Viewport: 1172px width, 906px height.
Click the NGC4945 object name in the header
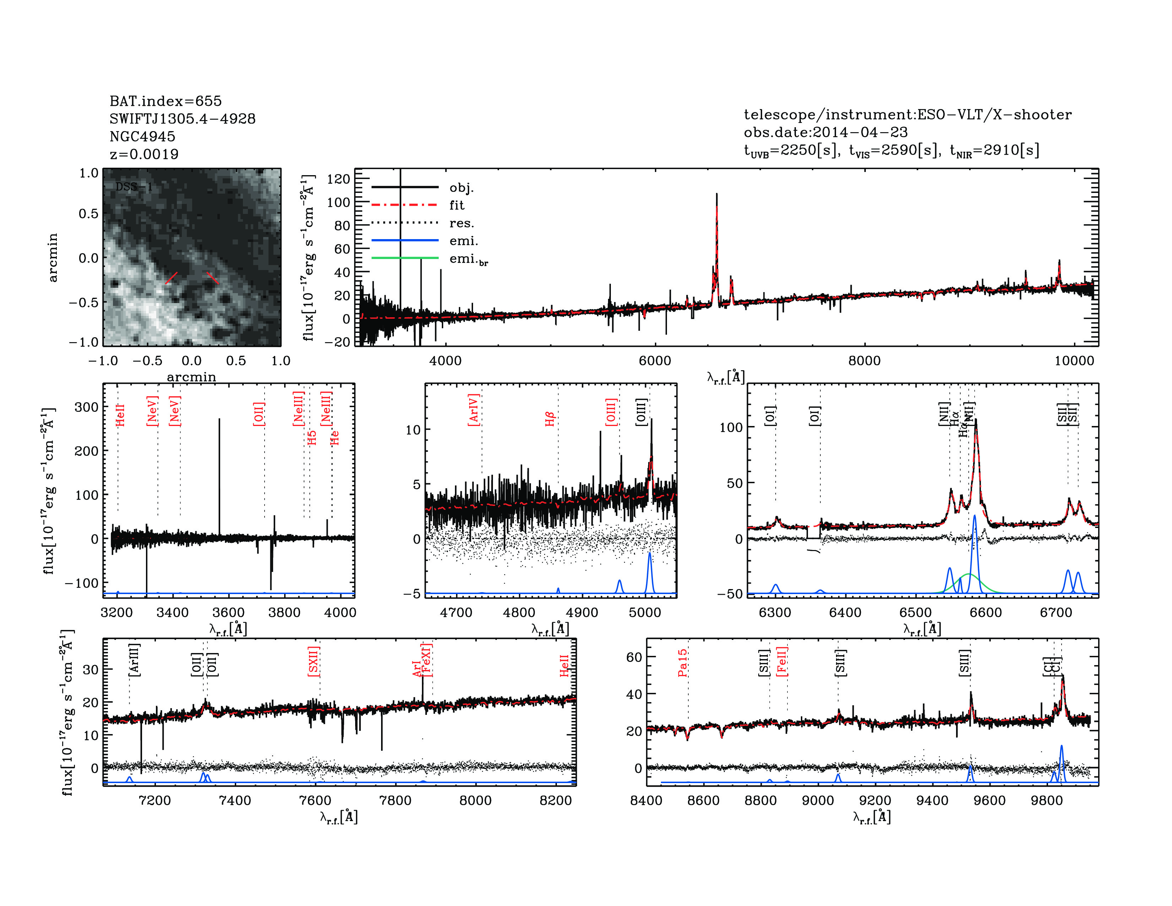(x=142, y=136)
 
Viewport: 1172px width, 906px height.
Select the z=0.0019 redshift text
(x=144, y=154)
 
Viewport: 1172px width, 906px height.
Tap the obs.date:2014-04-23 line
(x=825, y=132)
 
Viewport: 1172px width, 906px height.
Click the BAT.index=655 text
(x=165, y=101)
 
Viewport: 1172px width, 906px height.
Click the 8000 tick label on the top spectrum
(x=864, y=361)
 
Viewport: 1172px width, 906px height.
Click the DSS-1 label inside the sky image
(x=134, y=187)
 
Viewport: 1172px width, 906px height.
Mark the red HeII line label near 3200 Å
(x=120, y=415)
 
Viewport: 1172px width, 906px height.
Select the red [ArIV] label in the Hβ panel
(x=473, y=410)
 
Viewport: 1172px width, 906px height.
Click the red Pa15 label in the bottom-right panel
(x=682, y=663)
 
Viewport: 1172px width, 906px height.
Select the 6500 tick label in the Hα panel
(x=916, y=613)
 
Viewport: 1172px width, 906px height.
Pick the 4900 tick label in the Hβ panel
(x=582, y=613)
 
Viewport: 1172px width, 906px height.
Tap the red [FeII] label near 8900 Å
(x=782, y=661)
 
